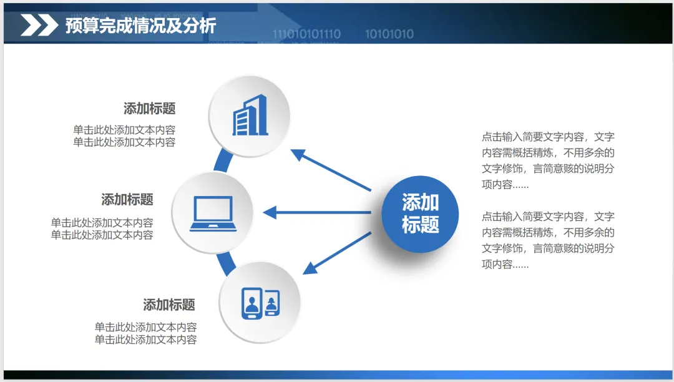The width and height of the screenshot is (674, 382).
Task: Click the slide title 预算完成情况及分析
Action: [x=140, y=26]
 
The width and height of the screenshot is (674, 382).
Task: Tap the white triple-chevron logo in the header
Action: [x=39, y=26]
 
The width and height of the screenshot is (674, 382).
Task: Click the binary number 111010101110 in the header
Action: [x=306, y=34]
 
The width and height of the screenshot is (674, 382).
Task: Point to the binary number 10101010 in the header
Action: [x=389, y=34]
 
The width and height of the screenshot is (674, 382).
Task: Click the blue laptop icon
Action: [x=213, y=213]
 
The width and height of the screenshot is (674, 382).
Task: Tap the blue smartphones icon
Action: [x=260, y=303]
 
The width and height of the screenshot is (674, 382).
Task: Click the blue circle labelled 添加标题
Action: [x=420, y=213]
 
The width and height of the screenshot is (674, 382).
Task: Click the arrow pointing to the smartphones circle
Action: [x=337, y=253]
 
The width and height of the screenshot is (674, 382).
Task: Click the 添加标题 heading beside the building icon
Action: [x=150, y=109]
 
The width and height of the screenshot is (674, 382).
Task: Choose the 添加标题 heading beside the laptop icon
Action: [x=127, y=200]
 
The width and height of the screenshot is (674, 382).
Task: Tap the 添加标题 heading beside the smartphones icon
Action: [x=169, y=305]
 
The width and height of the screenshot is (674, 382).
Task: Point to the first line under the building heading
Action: [x=124, y=130]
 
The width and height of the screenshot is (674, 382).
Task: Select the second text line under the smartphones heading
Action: [x=145, y=340]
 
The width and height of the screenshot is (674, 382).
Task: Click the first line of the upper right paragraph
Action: [x=548, y=137]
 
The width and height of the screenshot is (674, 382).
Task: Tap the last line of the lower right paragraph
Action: [x=505, y=264]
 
